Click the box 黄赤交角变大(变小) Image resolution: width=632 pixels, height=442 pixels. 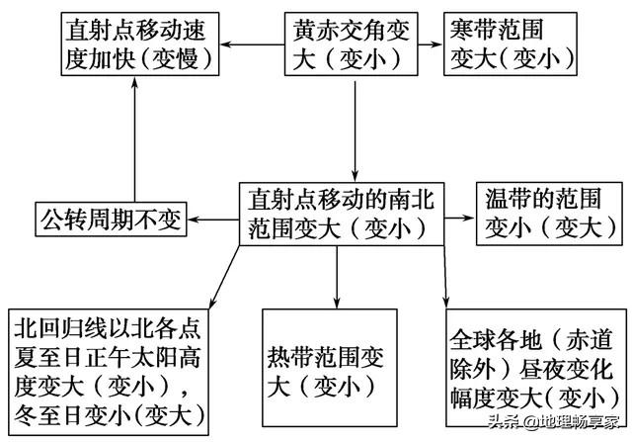click(x=353, y=44)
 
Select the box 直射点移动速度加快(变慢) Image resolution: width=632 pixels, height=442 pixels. click(x=136, y=44)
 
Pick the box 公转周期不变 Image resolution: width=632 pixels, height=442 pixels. click(x=109, y=218)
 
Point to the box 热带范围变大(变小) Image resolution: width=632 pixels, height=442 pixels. click(x=337, y=367)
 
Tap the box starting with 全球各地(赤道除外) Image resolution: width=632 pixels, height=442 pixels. click(x=524, y=367)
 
